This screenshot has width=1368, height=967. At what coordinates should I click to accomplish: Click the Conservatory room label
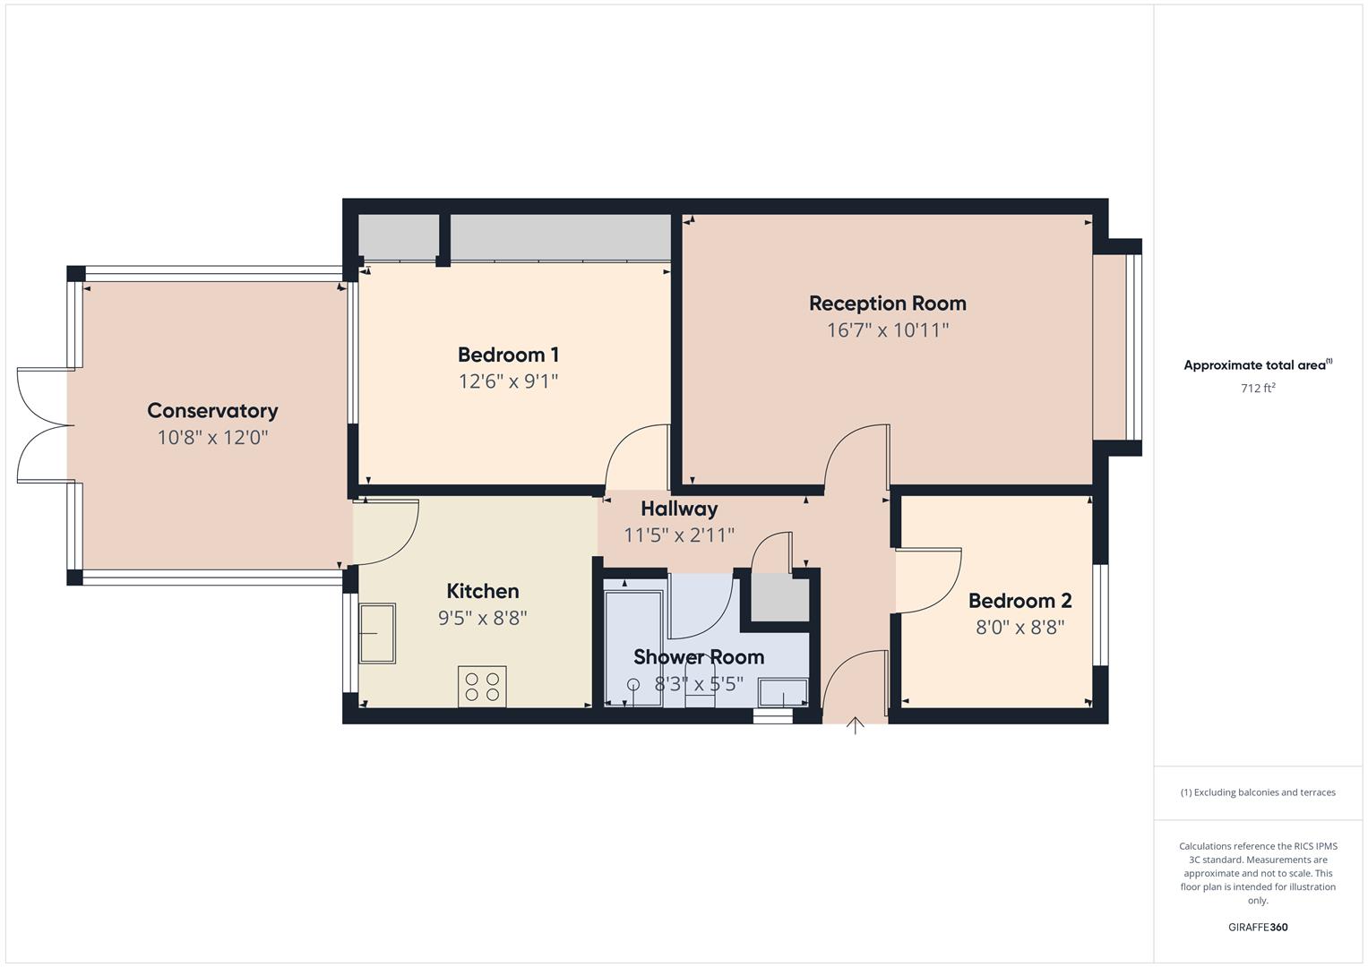(212, 411)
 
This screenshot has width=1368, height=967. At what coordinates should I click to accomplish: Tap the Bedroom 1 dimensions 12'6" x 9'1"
(508, 381)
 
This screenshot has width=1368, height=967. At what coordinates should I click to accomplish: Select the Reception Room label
(887, 304)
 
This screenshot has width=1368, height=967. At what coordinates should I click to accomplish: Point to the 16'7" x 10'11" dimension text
(887, 330)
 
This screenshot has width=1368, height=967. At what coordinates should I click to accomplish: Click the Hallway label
(679, 509)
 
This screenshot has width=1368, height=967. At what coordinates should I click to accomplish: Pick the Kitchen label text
(482, 591)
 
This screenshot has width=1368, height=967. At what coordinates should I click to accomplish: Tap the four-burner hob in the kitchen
(482, 686)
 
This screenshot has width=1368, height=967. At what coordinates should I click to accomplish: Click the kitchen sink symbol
(377, 633)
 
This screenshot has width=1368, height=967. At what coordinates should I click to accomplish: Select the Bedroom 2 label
(1020, 601)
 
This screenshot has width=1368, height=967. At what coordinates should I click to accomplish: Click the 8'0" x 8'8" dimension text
(1020, 628)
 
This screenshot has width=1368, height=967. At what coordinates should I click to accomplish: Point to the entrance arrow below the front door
(856, 726)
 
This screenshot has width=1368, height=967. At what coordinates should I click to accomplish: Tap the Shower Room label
(699, 657)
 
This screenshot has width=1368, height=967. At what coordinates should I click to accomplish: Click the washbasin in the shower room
(783, 693)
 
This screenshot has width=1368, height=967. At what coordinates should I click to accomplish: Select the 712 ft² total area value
(1258, 389)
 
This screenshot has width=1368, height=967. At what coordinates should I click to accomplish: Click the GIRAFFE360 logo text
(1258, 928)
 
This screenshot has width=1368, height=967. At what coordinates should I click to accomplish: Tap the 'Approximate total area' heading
(1256, 365)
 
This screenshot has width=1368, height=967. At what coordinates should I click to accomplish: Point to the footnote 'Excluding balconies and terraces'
(1258, 792)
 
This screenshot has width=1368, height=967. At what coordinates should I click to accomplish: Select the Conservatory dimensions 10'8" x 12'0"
(212, 438)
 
